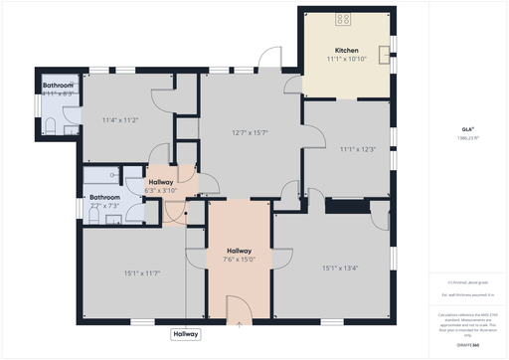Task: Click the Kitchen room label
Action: pyautogui.click(x=347, y=50)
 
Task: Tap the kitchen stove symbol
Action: pyautogui.click(x=344, y=18)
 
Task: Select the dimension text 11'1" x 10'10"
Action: pyautogui.click(x=347, y=59)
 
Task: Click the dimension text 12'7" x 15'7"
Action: pyautogui.click(x=251, y=133)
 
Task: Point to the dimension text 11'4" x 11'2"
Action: pyautogui.click(x=118, y=120)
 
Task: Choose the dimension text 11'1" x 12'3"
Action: pyautogui.click(x=357, y=150)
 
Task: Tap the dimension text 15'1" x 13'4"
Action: pyautogui.click(x=340, y=268)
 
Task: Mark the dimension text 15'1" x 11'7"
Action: pyautogui.click(x=142, y=272)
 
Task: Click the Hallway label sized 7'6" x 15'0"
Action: pyautogui.click(x=239, y=251)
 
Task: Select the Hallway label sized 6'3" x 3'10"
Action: pyautogui.click(x=161, y=182)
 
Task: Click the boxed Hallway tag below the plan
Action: pyautogui.click(x=186, y=335)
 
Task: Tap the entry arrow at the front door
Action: pyautogui.click(x=239, y=323)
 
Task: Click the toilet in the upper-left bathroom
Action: pyautogui.click(x=50, y=124)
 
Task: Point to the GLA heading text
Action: pyautogui.click(x=466, y=129)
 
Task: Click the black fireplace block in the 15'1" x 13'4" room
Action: pyautogui.click(x=344, y=206)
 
